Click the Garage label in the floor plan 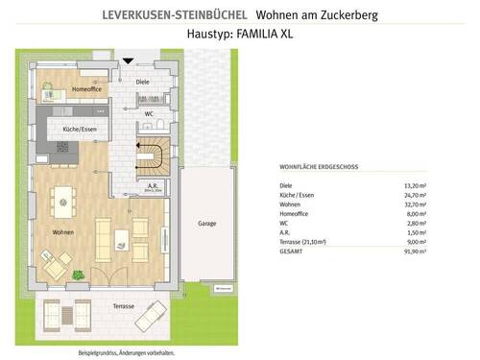tap(207, 223)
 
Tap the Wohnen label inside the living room tap(52, 231)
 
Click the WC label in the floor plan tap(149, 113)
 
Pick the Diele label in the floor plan tap(143, 83)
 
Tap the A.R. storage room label tap(153, 185)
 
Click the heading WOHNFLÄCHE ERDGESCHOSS tap(319, 166)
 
